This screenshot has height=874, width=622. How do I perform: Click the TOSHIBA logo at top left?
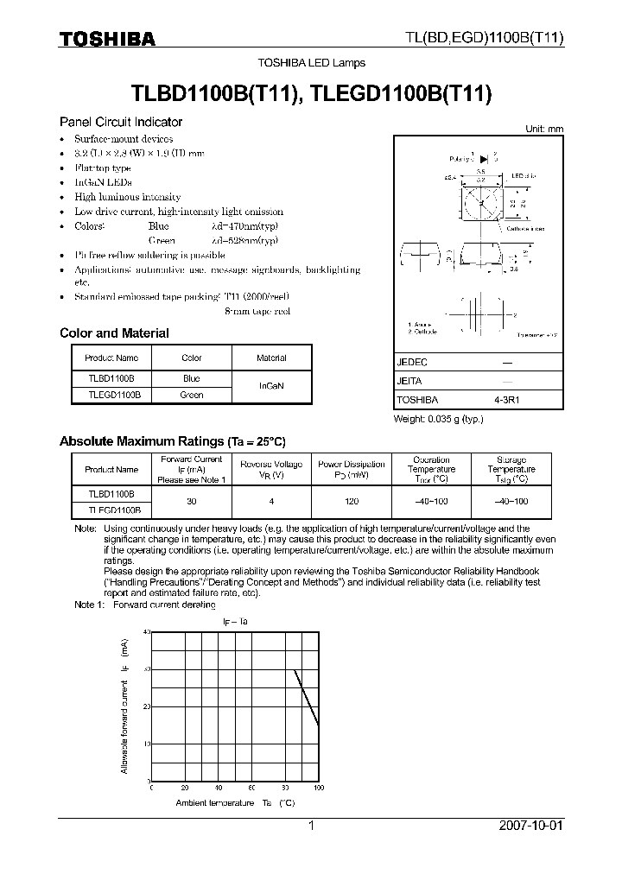[107, 39]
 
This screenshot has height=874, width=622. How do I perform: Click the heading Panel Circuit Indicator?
[120, 122]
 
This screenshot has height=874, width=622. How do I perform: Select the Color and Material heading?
[114, 333]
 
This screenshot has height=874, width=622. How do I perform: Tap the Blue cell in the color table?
[191, 378]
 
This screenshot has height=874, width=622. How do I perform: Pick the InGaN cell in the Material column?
[271, 386]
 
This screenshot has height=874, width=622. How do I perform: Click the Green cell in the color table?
[191, 395]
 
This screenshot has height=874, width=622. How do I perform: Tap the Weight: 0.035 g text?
[438, 419]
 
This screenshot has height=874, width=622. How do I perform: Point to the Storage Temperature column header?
[511, 469]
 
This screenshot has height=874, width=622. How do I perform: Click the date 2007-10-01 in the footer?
[531, 826]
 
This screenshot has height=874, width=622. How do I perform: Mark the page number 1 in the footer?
[312, 826]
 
